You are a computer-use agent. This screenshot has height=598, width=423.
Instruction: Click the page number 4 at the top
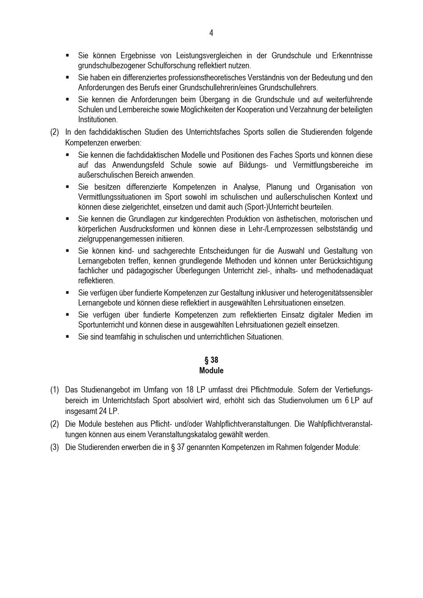[x=211, y=33]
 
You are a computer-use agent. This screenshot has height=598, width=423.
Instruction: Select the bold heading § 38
[x=211, y=360]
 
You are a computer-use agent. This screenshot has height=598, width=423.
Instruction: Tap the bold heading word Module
[x=211, y=370]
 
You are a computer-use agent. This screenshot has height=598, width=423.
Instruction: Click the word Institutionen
[x=98, y=120]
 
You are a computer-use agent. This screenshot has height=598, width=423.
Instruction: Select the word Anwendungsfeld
[x=138, y=165]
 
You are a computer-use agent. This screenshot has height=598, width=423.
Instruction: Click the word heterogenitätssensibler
[x=335, y=293]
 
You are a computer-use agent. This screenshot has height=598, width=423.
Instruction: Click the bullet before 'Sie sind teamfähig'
[x=67, y=337]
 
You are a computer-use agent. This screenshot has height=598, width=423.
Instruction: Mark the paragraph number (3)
[x=55, y=447]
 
